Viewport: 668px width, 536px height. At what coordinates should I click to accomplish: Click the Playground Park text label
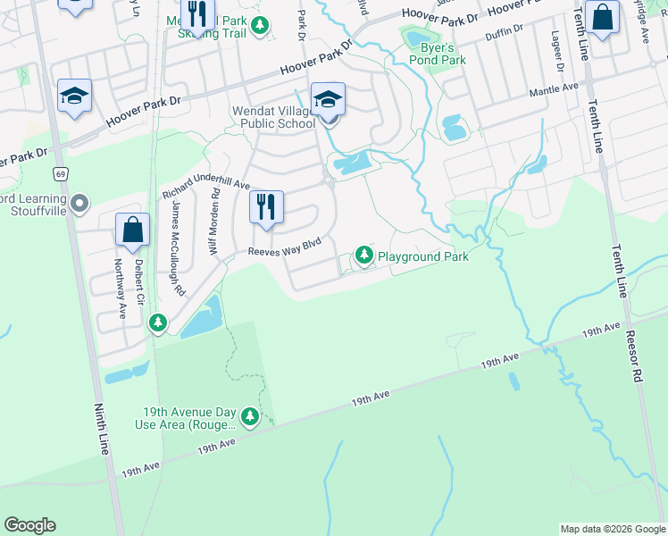tap(422, 256)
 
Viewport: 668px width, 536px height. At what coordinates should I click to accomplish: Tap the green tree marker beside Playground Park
tap(364, 256)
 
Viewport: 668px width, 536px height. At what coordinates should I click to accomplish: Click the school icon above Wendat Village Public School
tap(328, 100)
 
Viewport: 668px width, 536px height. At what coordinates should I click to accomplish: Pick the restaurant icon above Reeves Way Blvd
tap(266, 207)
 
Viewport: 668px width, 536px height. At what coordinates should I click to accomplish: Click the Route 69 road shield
tap(60, 173)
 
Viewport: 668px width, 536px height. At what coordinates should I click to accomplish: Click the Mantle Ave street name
tap(555, 88)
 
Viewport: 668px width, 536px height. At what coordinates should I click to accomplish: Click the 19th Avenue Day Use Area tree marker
tap(250, 416)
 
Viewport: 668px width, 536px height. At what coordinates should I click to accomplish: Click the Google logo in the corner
tap(29, 525)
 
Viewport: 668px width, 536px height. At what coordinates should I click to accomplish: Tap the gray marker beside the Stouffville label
tap(79, 205)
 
